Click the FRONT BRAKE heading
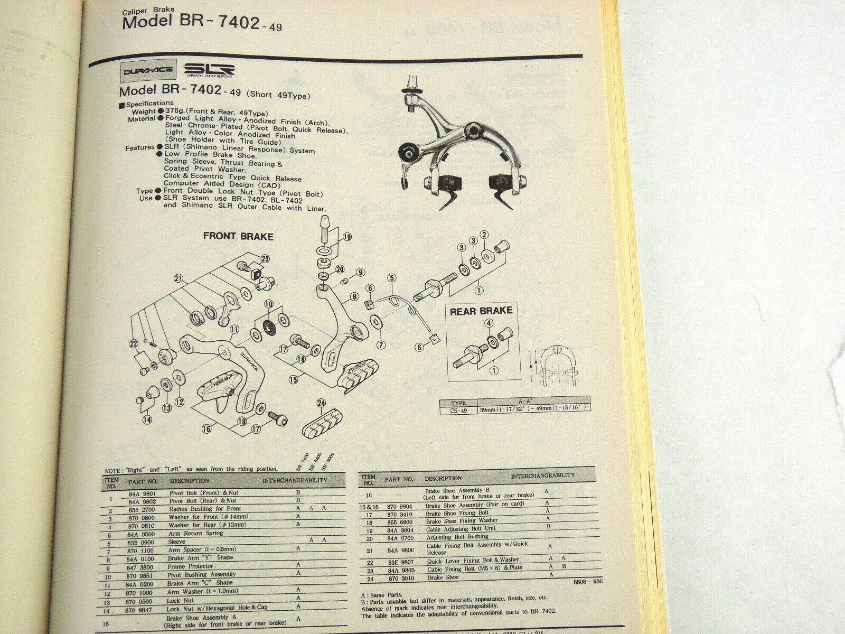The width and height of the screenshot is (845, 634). (238, 236)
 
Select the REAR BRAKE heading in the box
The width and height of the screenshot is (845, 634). (481, 312)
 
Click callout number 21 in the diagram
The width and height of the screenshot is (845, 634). (178, 278)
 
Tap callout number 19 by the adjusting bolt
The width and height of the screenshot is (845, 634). (347, 237)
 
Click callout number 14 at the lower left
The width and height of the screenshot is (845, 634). (147, 420)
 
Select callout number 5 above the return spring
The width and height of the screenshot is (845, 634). (391, 278)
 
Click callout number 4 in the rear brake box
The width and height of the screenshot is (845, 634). (489, 323)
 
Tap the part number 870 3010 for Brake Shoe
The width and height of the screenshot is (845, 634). (399, 578)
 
